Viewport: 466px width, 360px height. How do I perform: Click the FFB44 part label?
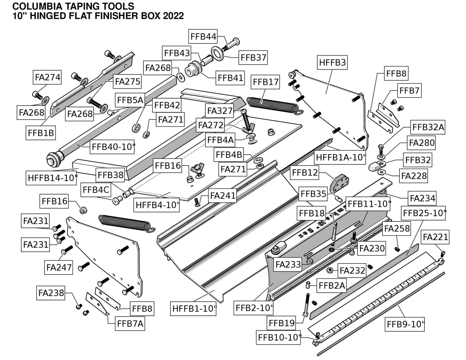pyautogui.click(x=203, y=36)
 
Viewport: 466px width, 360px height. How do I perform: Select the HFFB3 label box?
pyautogui.click(x=333, y=62)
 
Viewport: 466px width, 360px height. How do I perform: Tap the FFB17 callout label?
pyautogui.click(x=266, y=82)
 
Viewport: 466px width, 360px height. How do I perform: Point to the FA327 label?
pyautogui.click(x=220, y=111)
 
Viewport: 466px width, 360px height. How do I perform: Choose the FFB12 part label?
pyautogui.click(x=304, y=173)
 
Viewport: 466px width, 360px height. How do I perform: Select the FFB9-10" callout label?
pyautogui.click(x=406, y=324)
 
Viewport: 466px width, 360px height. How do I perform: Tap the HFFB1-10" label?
pyautogui.click(x=194, y=309)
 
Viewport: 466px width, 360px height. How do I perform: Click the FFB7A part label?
pyautogui.click(x=130, y=323)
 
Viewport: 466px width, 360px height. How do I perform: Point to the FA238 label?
pyautogui.click(x=51, y=293)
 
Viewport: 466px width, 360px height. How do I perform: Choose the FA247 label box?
pyautogui.click(x=59, y=267)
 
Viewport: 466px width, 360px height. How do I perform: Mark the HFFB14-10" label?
pyautogui.click(x=52, y=178)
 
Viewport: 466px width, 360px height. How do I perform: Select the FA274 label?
pyautogui.click(x=48, y=77)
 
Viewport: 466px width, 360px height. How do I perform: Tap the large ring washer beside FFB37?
pyautogui.click(x=217, y=53)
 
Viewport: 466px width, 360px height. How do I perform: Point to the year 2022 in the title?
pyautogui.click(x=173, y=16)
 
